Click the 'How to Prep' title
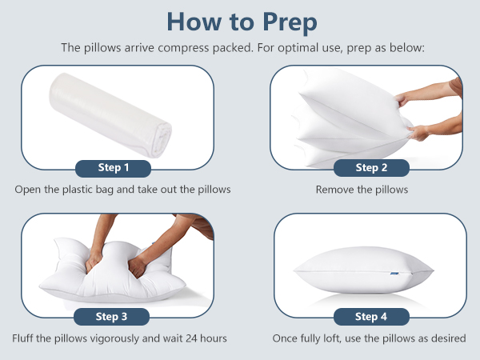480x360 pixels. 240,22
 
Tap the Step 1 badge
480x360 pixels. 113,168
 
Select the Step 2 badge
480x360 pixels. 371,168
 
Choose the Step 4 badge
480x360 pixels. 371,317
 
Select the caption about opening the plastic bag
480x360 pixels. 122,190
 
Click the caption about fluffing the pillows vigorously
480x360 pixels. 121,338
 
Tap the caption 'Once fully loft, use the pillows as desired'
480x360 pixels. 369,338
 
